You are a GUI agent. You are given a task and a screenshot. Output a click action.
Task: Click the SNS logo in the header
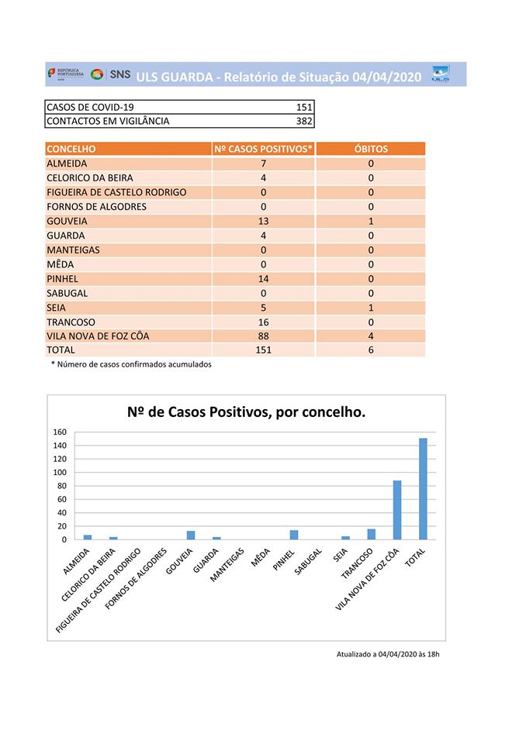click(111, 75)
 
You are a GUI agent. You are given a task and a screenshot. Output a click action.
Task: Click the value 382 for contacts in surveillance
click(304, 121)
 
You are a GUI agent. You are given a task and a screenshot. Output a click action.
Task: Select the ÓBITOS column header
click(371, 149)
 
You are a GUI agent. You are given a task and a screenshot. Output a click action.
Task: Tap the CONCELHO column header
click(71, 149)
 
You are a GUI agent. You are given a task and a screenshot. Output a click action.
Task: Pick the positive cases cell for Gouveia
click(264, 221)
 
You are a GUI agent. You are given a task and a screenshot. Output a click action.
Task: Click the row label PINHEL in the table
click(62, 278)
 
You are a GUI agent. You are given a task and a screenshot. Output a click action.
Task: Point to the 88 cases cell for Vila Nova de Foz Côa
click(264, 336)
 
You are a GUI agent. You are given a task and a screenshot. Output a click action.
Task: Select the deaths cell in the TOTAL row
click(371, 350)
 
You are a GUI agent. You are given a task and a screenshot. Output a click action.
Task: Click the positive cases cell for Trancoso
click(264, 322)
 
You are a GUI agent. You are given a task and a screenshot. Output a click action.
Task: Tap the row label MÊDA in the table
click(61, 264)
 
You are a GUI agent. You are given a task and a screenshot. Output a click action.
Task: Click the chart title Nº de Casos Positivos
click(246, 413)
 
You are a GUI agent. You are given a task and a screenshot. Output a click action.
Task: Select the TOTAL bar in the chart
click(423, 488)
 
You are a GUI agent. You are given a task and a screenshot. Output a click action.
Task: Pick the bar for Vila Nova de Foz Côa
click(397, 509)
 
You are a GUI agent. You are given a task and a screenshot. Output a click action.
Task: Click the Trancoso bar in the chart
click(372, 533)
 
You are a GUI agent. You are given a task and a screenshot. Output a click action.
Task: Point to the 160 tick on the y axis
click(60, 432)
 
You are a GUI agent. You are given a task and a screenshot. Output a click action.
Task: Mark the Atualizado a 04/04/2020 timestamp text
click(388, 654)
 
